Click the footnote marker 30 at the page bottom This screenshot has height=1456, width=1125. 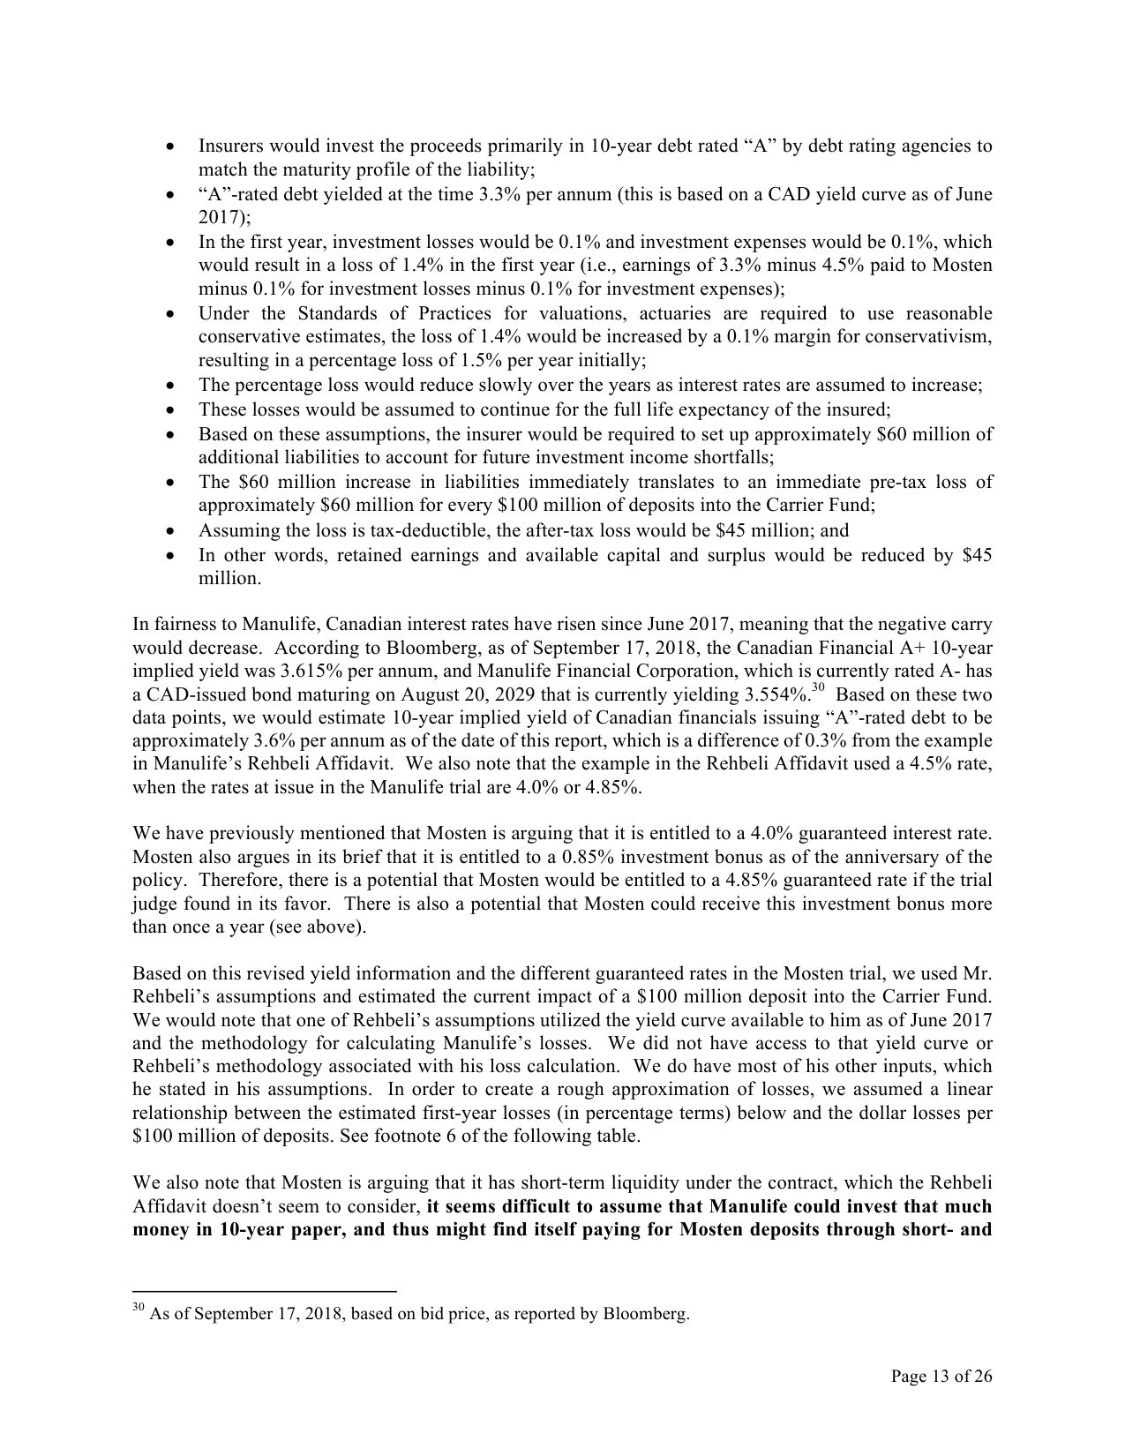(x=138, y=1309)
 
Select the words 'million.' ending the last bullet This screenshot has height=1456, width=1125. (x=229, y=579)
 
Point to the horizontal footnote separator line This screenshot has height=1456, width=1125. (x=264, y=1292)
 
